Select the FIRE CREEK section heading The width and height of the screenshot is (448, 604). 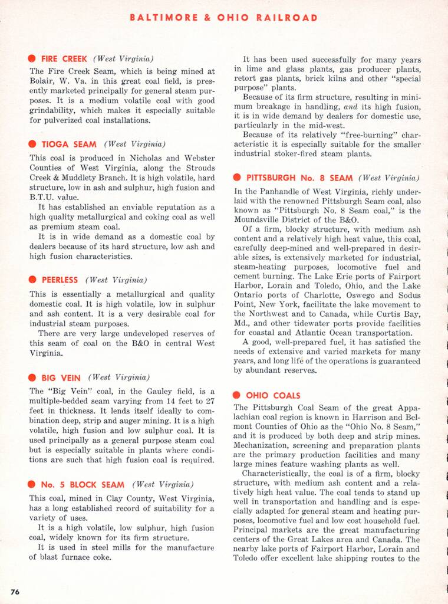64,59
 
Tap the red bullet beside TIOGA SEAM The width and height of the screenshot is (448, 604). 32,145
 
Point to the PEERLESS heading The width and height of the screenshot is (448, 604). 60,280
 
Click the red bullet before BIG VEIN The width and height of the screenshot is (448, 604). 32,378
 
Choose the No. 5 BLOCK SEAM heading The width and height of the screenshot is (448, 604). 83,485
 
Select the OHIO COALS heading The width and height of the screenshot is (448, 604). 273,395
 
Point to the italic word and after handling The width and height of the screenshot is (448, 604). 351,106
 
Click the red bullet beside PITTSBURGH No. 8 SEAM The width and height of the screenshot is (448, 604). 237,178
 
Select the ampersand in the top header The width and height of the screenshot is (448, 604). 208,18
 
